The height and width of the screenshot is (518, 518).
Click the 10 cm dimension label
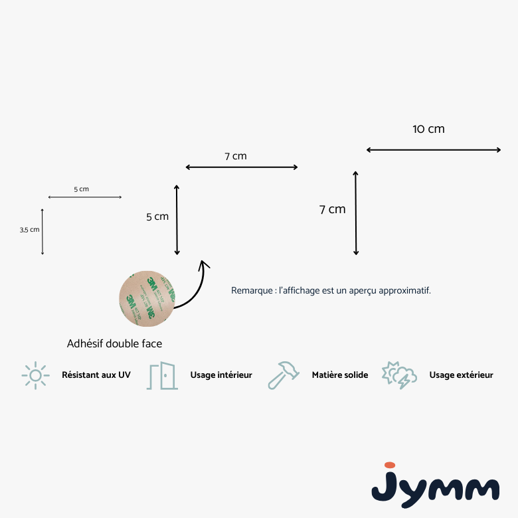428,129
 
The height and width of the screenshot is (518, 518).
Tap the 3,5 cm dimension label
29,230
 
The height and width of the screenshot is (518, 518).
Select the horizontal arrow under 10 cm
434,150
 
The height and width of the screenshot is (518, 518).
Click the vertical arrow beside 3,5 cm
43,232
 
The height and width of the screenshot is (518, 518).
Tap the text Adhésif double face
114,343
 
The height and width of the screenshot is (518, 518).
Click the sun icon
35,375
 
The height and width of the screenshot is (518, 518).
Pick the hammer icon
284,375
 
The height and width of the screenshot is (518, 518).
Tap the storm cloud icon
399,375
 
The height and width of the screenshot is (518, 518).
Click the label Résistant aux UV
96,375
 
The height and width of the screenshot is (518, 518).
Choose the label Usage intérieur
221,375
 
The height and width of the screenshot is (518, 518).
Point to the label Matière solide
340,375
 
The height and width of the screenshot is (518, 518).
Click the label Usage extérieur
461,375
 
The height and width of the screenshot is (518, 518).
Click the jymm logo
435,485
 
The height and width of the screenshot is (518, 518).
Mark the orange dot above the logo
390,465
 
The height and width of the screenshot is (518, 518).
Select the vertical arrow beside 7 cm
356,213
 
